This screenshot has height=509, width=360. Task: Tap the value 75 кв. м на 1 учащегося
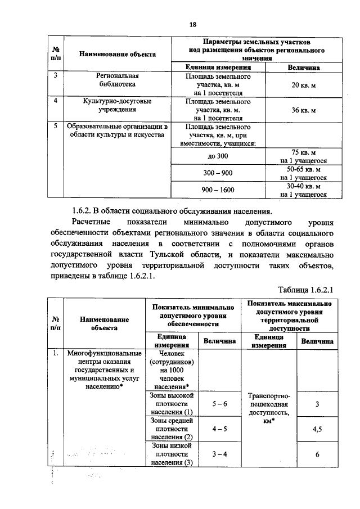pos(304,156)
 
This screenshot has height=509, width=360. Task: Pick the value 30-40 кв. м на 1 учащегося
pos(304,190)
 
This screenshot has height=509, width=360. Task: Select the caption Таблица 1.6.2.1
pos(306,289)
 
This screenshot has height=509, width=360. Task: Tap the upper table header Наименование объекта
pos(117,54)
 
